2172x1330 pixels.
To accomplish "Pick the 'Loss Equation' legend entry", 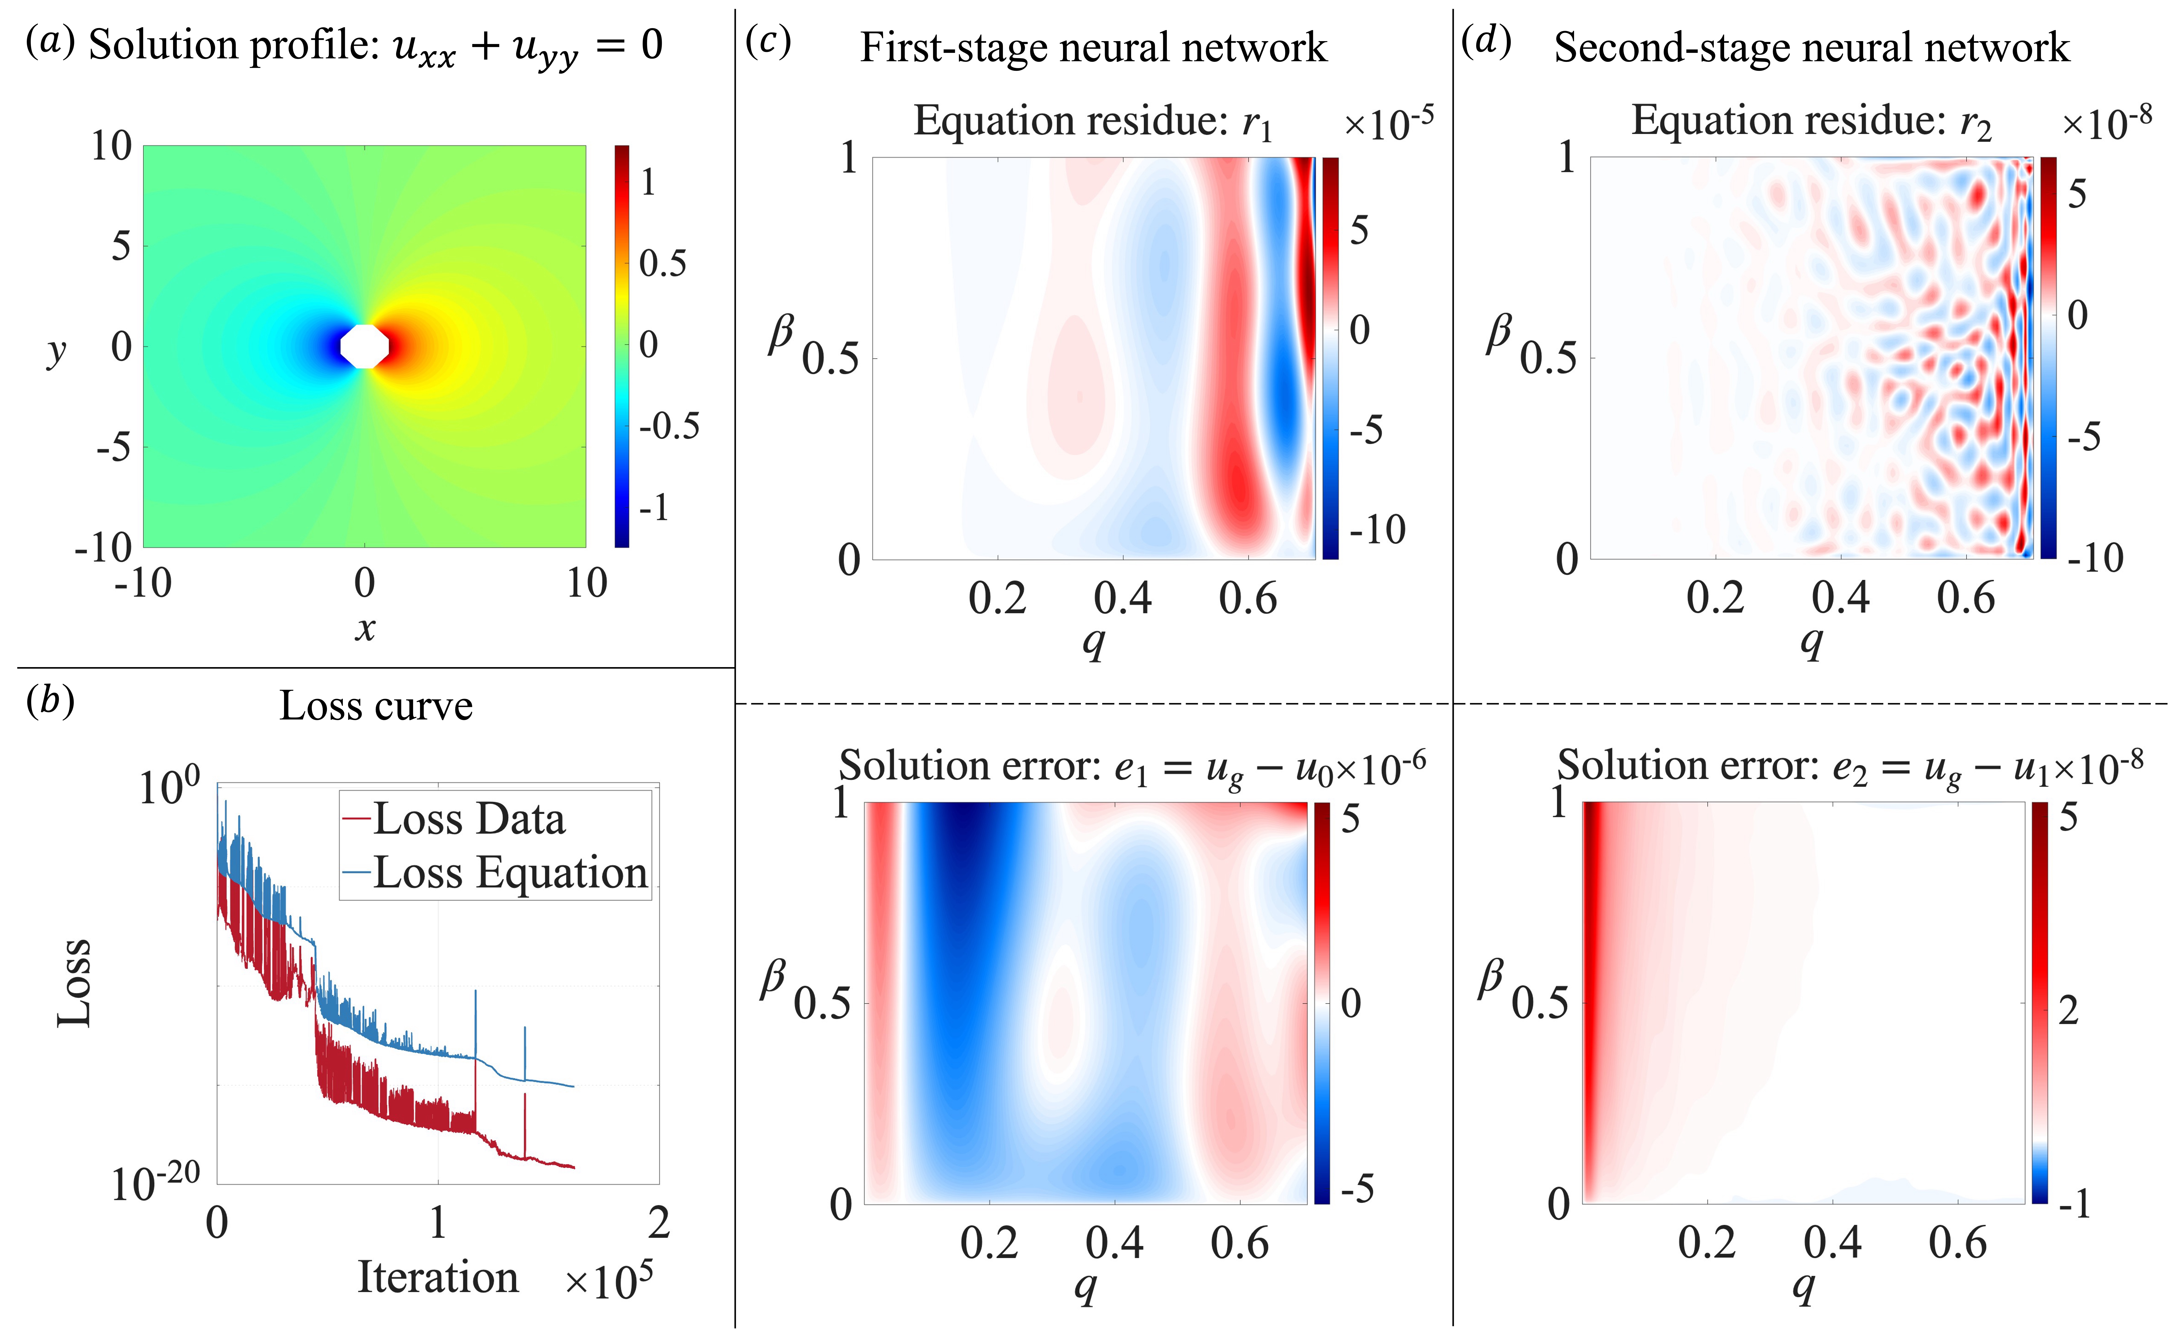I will coord(510,873).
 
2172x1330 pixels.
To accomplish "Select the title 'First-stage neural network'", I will coord(1093,48).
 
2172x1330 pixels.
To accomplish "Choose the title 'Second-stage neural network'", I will coord(1811,48).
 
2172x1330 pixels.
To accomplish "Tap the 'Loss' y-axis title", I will coord(74,983).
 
